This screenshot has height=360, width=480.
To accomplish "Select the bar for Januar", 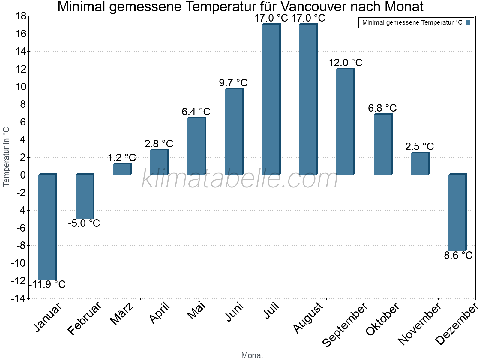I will [47, 227].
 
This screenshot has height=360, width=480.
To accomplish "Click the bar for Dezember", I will [457, 213].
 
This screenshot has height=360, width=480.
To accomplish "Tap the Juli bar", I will [271, 100].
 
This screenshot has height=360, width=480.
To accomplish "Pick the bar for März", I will [121, 169].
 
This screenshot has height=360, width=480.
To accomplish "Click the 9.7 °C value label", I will [233, 83].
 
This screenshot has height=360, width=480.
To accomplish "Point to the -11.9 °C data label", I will [47, 284].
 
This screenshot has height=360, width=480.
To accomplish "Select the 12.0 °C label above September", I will [345, 63].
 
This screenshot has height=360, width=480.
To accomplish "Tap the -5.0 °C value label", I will [84, 223].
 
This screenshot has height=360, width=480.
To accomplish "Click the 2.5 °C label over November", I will [419, 146].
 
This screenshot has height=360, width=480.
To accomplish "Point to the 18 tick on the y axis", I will [20, 16].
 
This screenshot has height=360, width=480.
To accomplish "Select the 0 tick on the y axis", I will [23, 175].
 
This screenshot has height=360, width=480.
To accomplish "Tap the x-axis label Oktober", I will [383, 319].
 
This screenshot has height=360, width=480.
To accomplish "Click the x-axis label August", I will [308, 317].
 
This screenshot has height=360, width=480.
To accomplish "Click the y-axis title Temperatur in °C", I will [6, 157].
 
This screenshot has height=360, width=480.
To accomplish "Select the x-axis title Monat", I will [252, 355].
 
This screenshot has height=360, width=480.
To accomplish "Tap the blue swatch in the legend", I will [468, 22].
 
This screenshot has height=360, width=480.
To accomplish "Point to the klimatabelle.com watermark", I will [240, 179].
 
